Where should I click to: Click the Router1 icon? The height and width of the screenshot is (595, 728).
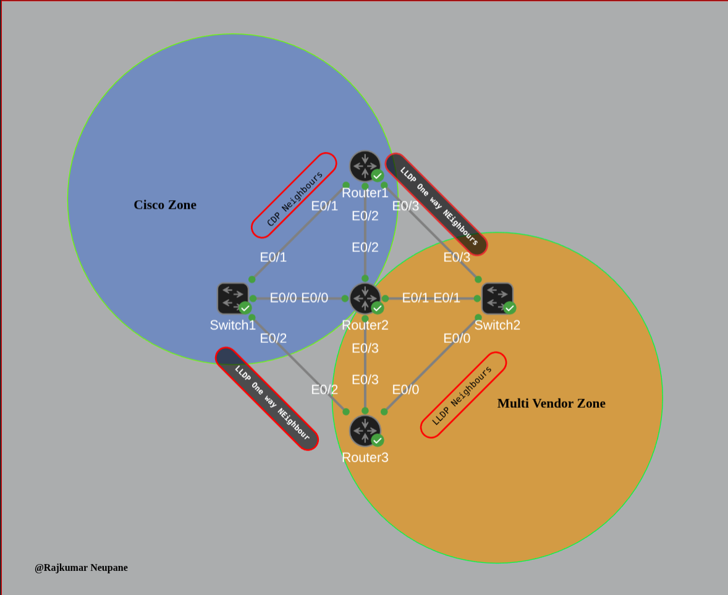(365, 166)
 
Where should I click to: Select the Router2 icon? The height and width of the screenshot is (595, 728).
(365, 298)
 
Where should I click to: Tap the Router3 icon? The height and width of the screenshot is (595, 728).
(365, 430)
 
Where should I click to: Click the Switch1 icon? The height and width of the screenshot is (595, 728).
(233, 298)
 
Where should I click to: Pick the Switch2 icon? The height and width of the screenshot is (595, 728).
(497, 298)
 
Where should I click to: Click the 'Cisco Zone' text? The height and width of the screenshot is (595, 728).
(165, 205)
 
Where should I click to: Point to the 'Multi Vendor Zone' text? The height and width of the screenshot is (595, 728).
(551, 403)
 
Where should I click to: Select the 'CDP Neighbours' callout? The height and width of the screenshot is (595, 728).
(294, 195)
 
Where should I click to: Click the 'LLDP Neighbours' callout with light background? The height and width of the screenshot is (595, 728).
(463, 395)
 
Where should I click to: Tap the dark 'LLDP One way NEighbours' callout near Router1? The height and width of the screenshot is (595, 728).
(436, 205)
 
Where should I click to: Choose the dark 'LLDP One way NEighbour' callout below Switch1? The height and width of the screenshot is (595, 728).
(267, 399)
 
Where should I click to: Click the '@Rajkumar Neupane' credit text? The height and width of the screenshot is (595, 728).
(81, 567)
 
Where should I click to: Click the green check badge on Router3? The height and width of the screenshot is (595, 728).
(378, 440)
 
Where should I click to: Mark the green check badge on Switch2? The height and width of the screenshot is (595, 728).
(509, 308)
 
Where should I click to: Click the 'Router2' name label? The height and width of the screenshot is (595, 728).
(365, 325)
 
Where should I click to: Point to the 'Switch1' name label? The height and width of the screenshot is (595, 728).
(232, 325)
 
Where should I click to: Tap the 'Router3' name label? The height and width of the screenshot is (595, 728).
(365, 457)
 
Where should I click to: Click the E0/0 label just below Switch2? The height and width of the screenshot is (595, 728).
(457, 338)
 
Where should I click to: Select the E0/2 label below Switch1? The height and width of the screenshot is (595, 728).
(273, 338)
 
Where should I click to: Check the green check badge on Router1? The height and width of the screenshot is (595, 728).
(378, 175)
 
